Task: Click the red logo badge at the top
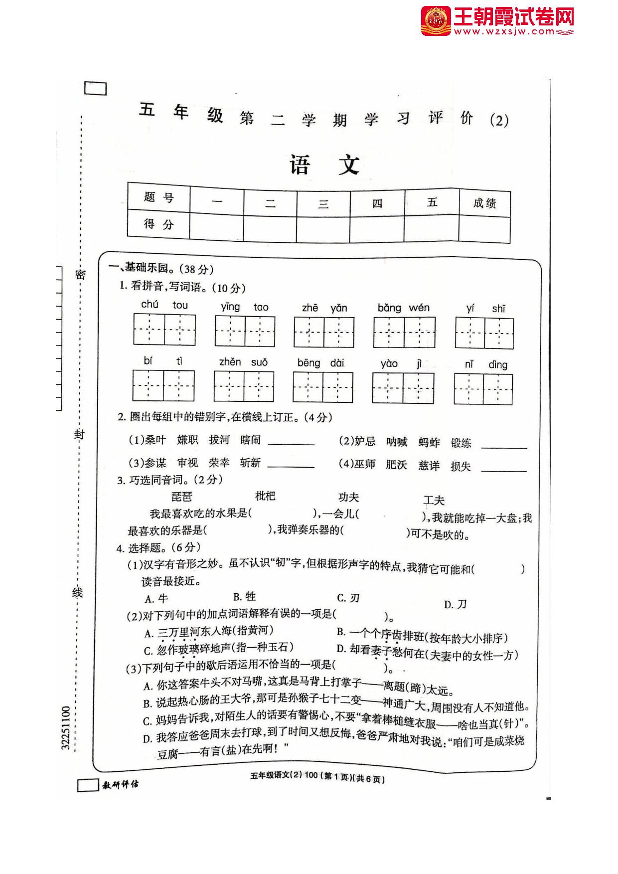click(436, 21)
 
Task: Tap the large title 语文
click(325, 165)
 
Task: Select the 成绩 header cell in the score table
click(484, 203)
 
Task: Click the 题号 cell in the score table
click(158, 197)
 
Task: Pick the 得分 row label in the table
click(158, 224)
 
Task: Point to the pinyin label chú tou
click(164, 305)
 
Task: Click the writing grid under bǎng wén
click(404, 332)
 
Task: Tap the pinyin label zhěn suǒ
click(243, 362)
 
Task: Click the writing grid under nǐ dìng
click(483, 389)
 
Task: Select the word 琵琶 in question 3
click(181, 497)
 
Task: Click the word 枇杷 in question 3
click(265, 496)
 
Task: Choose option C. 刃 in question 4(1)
click(348, 598)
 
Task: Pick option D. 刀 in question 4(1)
click(455, 604)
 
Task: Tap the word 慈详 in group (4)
click(429, 465)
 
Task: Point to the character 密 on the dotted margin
click(80, 274)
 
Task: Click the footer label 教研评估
click(120, 785)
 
